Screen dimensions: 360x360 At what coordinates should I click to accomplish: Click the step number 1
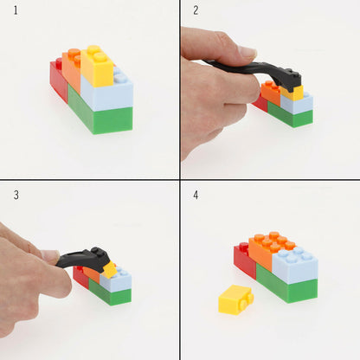16,10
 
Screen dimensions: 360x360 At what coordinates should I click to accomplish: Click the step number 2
196,10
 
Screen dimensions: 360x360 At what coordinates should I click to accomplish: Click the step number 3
16,195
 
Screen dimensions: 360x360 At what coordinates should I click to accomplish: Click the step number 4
196,195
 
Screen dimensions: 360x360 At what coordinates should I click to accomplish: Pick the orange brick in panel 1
72,69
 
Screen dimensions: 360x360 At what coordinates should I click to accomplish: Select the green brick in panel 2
291,118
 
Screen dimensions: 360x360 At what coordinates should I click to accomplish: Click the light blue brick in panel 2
299,103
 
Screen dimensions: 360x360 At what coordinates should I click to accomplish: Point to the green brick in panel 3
111,295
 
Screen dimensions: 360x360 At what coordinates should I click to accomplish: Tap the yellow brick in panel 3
109,269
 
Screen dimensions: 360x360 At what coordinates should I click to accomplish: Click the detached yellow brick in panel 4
235,299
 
